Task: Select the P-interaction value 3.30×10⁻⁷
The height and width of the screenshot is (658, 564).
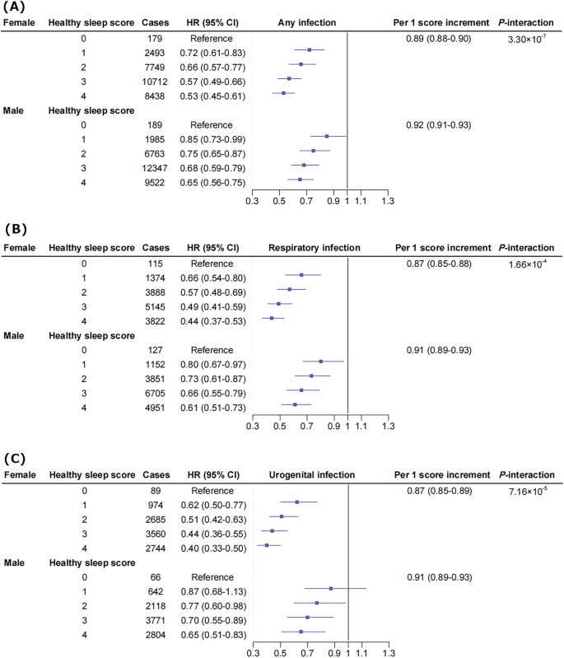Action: coord(527,39)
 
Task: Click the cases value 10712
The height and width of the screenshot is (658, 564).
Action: coord(154,79)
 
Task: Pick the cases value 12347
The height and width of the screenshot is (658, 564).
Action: coord(154,166)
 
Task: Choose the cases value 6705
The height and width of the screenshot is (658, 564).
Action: coord(154,390)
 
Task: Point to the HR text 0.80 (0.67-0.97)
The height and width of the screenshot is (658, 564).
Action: coord(210,363)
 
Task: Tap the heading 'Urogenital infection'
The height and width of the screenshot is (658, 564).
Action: coord(311,475)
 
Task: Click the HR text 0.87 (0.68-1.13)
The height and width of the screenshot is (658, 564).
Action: coord(210,591)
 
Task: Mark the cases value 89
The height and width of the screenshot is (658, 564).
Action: coord(154,491)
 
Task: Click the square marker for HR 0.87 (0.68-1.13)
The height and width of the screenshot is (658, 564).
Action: coord(331,588)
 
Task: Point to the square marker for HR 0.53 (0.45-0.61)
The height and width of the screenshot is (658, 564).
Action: coord(283,93)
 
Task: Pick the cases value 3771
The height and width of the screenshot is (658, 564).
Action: coord(154,618)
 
